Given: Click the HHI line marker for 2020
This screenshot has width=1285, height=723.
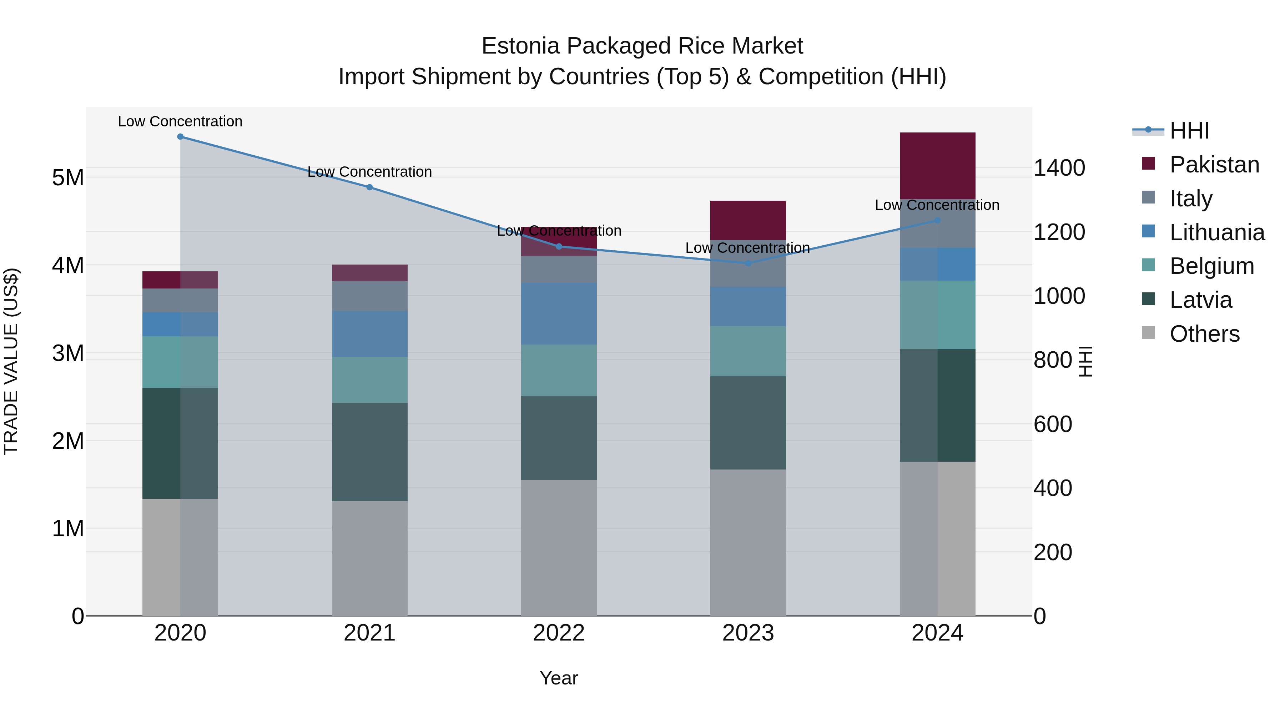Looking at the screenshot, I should pyautogui.click(x=180, y=137).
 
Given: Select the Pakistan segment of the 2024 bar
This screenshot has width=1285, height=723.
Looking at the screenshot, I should pyautogui.click(x=937, y=166).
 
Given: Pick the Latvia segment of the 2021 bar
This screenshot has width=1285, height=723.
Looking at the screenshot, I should pyautogui.click(x=370, y=452).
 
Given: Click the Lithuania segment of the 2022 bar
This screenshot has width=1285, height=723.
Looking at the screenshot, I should pyautogui.click(x=559, y=314).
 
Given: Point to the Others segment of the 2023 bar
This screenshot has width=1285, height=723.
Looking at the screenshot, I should pyautogui.click(x=748, y=542).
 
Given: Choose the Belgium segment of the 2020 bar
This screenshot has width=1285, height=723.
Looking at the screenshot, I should pyautogui.click(x=180, y=362).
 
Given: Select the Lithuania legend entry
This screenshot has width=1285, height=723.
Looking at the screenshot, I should pyautogui.click(x=1217, y=232).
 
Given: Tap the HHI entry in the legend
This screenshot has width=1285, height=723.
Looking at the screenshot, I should pyautogui.click(x=1189, y=131).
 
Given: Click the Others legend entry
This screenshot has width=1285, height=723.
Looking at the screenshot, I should pyautogui.click(x=1204, y=334).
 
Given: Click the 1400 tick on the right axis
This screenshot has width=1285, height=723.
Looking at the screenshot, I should pyautogui.click(x=1059, y=168).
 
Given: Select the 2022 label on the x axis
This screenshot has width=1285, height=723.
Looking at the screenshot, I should pyautogui.click(x=559, y=633).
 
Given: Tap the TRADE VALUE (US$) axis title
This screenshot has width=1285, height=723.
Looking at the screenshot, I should pyautogui.click(x=11, y=361).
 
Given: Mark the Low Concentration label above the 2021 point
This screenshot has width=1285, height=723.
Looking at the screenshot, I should pyautogui.click(x=370, y=172).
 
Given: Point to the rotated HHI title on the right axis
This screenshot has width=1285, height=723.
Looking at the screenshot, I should pyautogui.click(x=1085, y=361).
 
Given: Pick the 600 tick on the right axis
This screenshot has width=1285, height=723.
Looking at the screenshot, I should pyautogui.click(x=1053, y=425).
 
